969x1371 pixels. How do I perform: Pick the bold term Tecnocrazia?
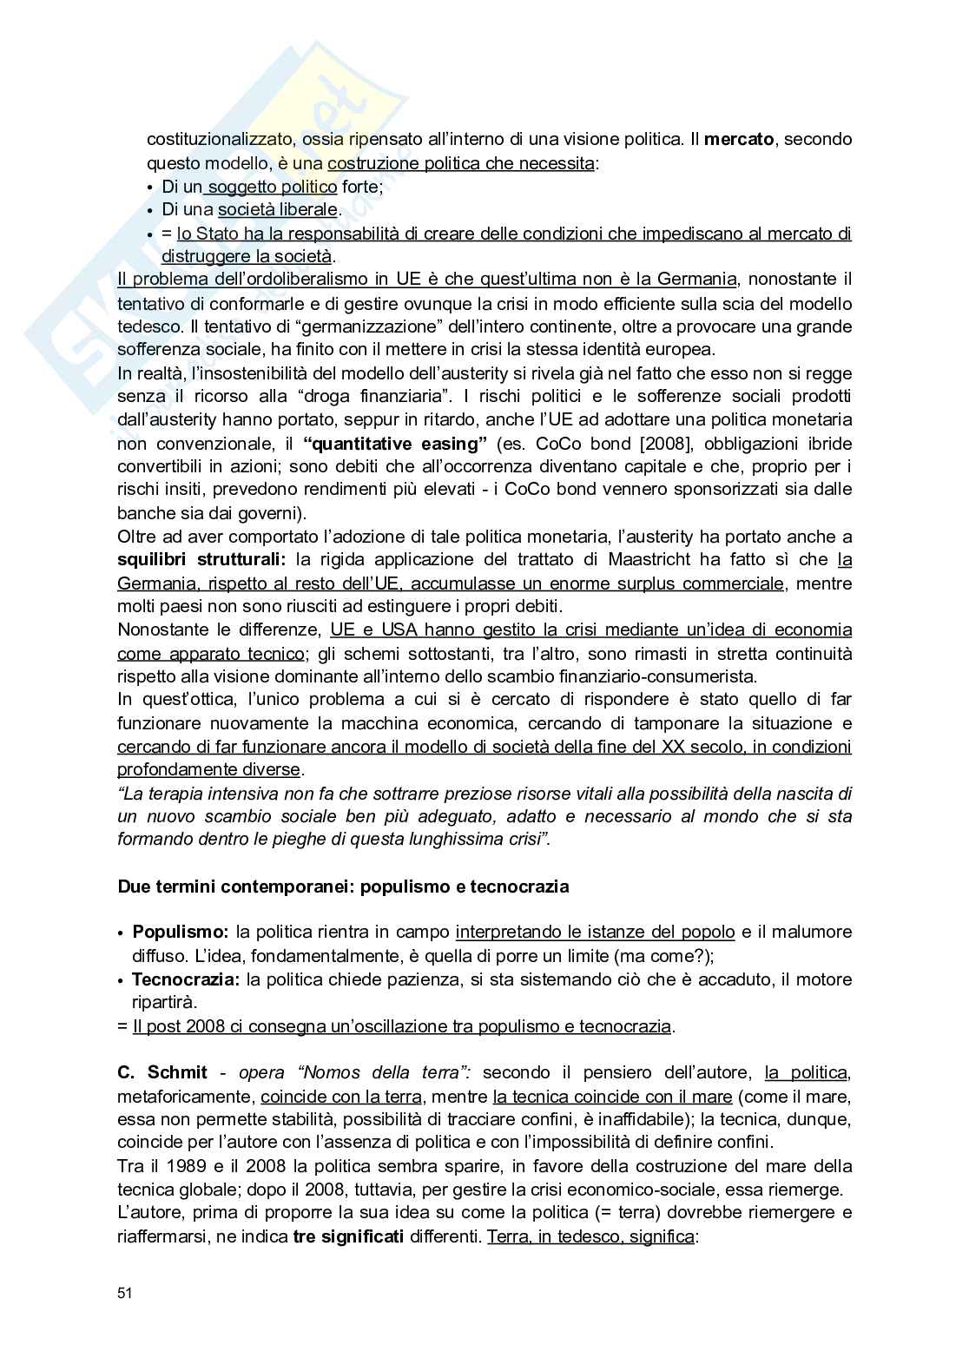click(x=187, y=979)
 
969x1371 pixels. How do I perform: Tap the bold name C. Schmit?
click(x=162, y=1072)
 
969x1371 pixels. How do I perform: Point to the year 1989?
click(x=182, y=1166)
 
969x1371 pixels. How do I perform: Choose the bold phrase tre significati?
click(x=348, y=1236)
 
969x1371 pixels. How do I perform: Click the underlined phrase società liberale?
click(x=278, y=210)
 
